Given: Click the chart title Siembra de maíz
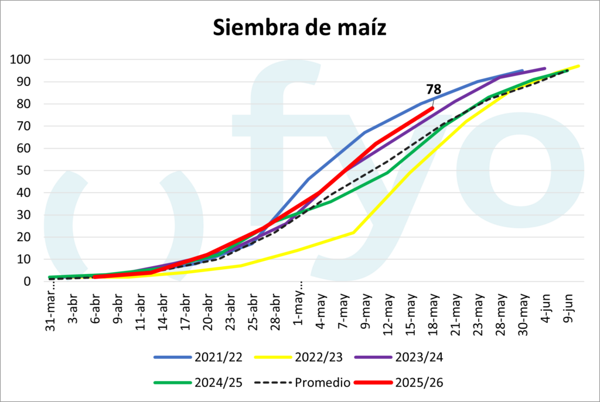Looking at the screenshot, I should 299,28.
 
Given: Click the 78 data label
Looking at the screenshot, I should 434,90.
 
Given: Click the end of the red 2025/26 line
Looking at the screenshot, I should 433,108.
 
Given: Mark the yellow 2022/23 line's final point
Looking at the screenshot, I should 579,66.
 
